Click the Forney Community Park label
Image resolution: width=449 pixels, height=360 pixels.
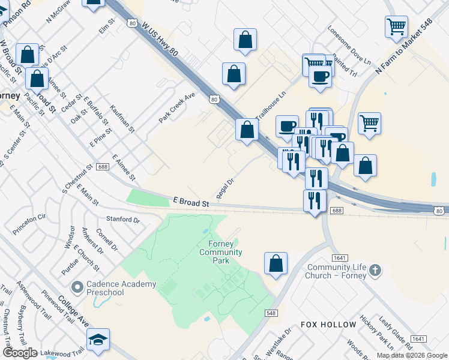[x=225, y=252]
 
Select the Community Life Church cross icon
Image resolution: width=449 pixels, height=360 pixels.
[x=375, y=270]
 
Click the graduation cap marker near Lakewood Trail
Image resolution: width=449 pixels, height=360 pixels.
[x=98, y=340]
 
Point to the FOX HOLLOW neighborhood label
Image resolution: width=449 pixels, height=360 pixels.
[x=328, y=325]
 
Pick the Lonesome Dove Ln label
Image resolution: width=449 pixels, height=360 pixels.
[x=351, y=45]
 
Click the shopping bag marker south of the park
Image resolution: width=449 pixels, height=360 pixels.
[x=276, y=263]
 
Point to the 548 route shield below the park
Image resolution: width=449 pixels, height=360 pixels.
[x=271, y=313]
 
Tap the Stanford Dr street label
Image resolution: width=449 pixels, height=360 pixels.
[x=122, y=220]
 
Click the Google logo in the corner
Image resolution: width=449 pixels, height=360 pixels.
[x=20, y=353]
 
